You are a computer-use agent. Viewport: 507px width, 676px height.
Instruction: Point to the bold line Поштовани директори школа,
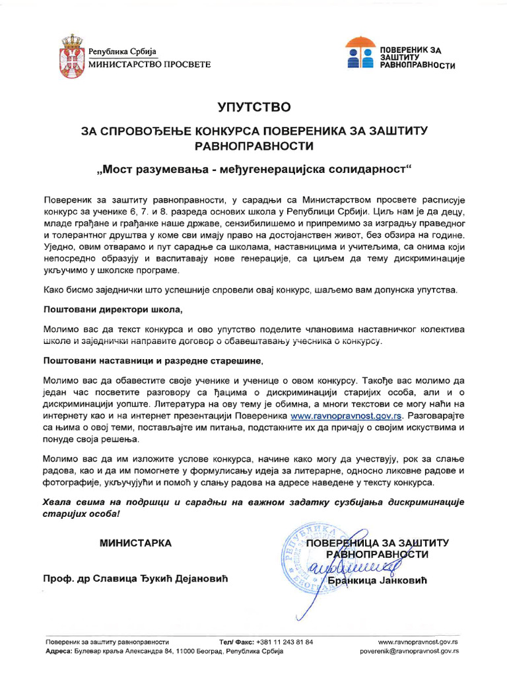(x=112, y=309)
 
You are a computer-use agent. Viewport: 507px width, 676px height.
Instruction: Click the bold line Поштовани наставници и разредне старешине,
(x=153, y=360)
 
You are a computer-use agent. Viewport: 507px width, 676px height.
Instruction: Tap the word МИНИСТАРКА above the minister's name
(x=135, y=543)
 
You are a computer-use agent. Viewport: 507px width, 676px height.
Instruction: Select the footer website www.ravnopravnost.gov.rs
(x=419, y=642)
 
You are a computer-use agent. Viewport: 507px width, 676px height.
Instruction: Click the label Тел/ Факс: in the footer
(x=235, y=642)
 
